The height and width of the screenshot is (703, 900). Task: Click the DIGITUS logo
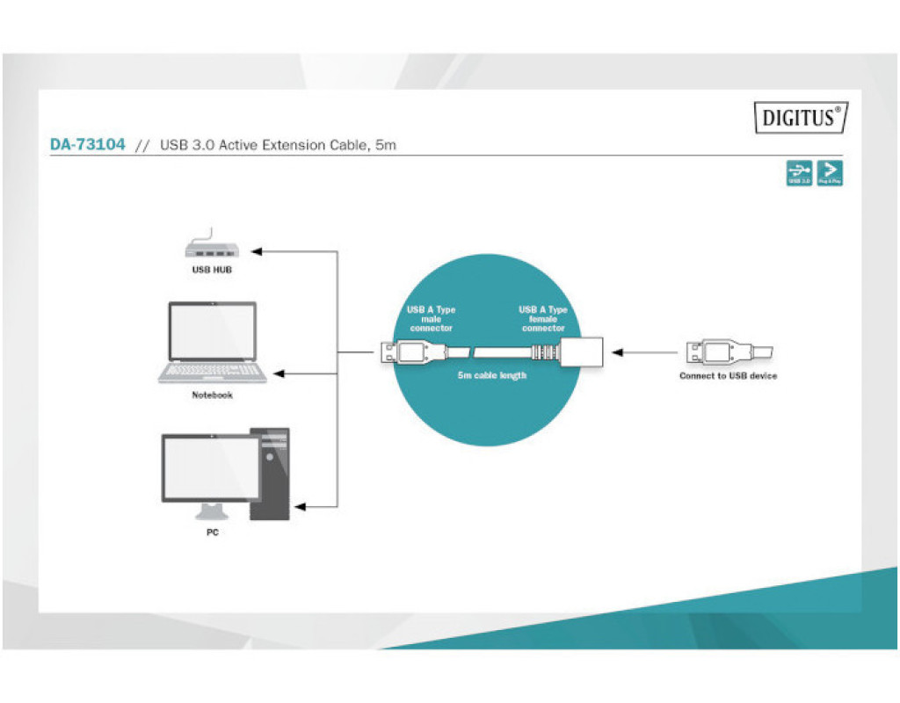(x=801, y=117)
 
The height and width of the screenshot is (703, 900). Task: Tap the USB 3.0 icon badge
(x=799, y=173)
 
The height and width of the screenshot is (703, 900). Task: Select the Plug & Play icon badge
(x=830, y=173)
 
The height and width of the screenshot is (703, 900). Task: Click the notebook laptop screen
(x=212, y=332)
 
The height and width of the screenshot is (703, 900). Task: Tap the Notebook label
(x=212, y=395)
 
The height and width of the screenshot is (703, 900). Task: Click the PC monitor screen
(x=211, y=469)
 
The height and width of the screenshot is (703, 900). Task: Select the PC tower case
(x=270, y=475)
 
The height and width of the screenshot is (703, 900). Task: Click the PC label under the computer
(x=212, y=533)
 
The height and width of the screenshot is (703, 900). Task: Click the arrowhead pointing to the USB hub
(x=262, y=252)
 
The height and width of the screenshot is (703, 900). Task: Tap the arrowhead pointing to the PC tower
(x=301, y=507)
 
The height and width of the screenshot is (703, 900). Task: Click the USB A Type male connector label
(x=431, y=318)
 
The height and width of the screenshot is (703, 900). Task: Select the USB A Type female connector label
(x=543, y=318)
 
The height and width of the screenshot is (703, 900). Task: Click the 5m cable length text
(x=491, y=375)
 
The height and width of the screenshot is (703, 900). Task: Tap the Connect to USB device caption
(x=728, y=376)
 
